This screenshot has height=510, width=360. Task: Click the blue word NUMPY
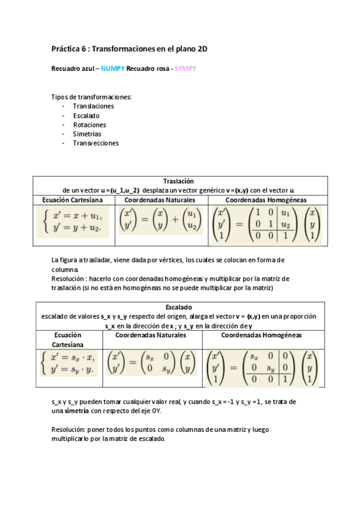112,69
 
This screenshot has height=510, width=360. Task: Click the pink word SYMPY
186,69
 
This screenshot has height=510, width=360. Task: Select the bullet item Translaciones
93,106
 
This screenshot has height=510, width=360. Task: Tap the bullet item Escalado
86,115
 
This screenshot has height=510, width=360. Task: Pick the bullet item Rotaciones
90,124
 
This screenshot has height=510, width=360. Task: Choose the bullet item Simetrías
87,134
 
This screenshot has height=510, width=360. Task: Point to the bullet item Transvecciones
96,143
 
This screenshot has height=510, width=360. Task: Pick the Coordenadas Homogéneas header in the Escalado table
261,334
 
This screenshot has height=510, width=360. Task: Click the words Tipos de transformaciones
91,97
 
